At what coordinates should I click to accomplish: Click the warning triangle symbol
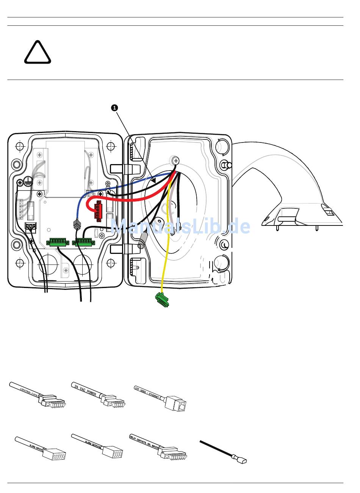(x=38, y=53)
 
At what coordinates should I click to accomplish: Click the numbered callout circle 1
(x=115, y=108)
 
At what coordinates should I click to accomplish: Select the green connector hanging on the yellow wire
(x=162, y=300)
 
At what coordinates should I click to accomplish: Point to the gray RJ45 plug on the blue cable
(x=77, y=225)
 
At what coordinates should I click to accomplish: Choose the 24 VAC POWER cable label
(x=86, y=390)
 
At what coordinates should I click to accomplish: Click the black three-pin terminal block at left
(x=31, y=228)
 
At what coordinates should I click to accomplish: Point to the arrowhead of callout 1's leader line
(x=154, y=181)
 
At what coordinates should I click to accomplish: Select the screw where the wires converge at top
(x=174, y=160)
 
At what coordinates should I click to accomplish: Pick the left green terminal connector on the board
(x=58, y=242)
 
